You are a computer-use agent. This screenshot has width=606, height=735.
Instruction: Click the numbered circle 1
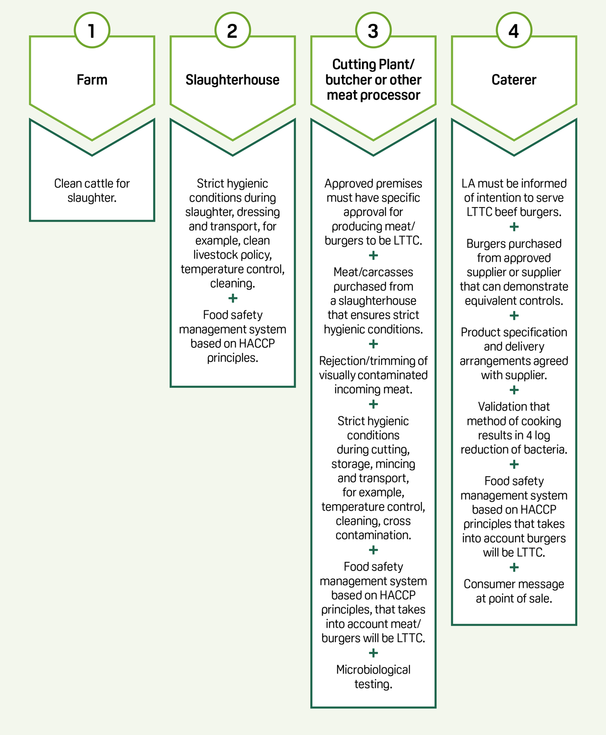pyautogui.click(x=92, y=30)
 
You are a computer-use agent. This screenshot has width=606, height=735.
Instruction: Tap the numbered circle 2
pyautogui.click(x=232, y=30)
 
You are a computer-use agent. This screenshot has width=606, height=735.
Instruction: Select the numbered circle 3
pyautogui.click(x=373, y=30)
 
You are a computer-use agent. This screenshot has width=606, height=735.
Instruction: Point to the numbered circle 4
pyautogui.click(x=514, y=30)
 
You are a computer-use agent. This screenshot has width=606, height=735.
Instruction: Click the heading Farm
pyautogui.click(x=92, y=80)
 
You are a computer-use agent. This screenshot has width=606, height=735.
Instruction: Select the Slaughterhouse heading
pyautogui.click(x=232, y=80)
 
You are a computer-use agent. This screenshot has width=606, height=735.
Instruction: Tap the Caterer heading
pyautogui.click(x=514, y=80)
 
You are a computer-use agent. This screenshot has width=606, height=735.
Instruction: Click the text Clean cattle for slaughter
pyautogui.click(x=92, y=190)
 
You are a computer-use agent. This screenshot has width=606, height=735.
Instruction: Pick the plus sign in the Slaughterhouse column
pyautogui.click(x=233, y=299)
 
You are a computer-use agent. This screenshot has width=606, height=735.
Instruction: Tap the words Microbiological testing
pyautogui.click(x=373, y=677)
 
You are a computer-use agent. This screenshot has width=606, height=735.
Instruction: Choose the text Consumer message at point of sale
pyautogui.click(x=514, y=591)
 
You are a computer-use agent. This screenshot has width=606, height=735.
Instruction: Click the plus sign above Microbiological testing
pyautogui.click(x=373, y=653)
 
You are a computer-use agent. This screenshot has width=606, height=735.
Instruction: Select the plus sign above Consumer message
pyautogui.click(x=514, y=568)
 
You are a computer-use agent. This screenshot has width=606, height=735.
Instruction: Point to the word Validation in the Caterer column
pyautogui.click(x=497, y=407)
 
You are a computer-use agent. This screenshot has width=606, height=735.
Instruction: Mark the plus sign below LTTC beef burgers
pyautogui.click(x=514, y=227)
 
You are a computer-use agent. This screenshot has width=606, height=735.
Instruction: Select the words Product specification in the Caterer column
pyautogui.click(x=514, y=333)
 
